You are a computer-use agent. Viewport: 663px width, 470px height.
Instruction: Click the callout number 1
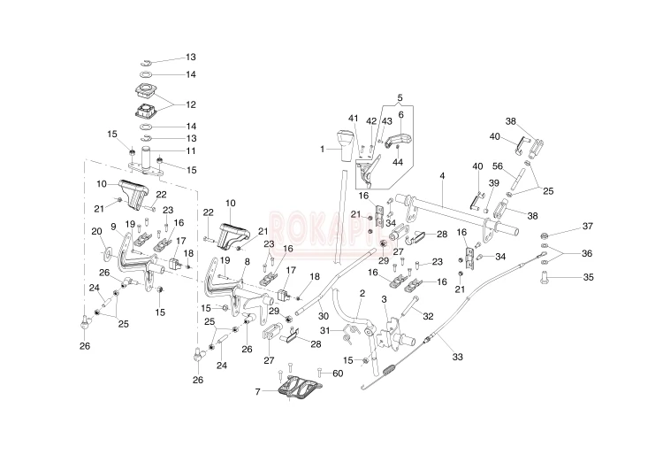tap(324, 149)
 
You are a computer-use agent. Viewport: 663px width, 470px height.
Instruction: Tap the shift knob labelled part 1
tap(343, 143)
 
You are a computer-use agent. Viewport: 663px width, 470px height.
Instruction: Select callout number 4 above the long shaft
tap(439, 177)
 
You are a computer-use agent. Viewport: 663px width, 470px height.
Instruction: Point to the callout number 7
tap(257, 391)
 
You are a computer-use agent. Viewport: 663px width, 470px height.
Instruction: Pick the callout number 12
tap(191, 104)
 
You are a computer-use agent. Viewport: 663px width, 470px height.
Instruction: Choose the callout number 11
tap(191, 150)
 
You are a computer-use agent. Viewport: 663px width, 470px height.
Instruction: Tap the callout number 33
tap(458, 357)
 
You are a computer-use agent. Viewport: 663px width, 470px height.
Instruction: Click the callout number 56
tap(522, 166)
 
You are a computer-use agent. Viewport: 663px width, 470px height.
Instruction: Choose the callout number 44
tap(398, 162)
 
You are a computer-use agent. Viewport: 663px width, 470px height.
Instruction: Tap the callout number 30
tap(324, 316)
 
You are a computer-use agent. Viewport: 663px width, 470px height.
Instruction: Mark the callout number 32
tap(427, 316)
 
